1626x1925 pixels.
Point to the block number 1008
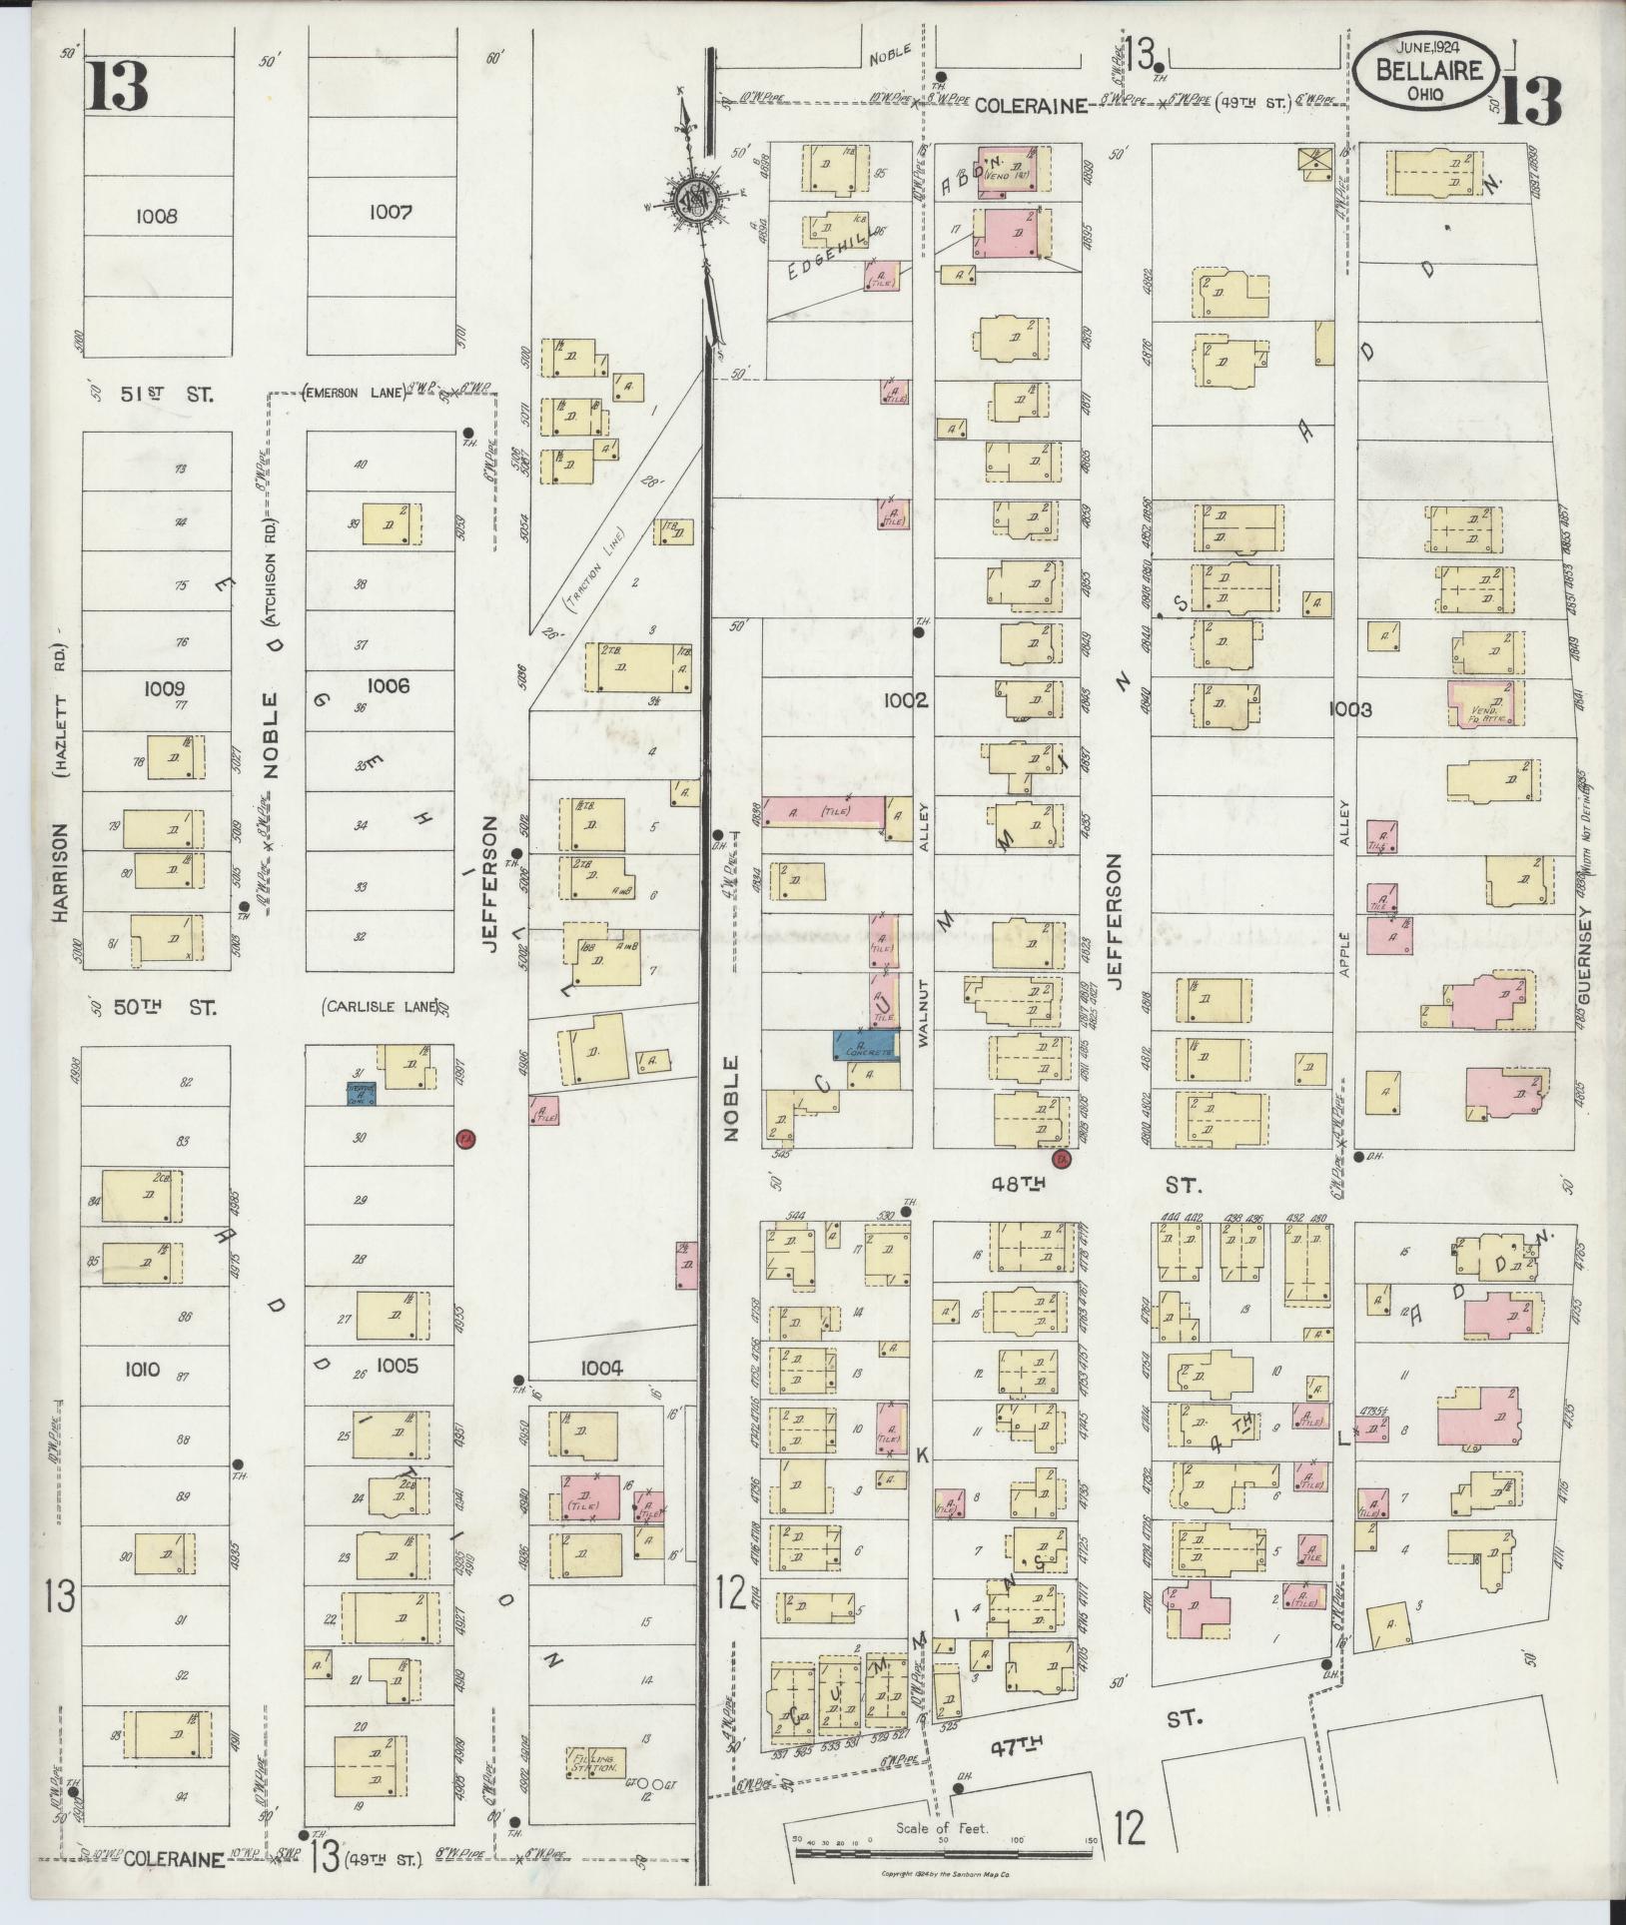coord(158,215)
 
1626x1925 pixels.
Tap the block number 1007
coord(390,212)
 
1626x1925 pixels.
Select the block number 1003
coord(1349,709)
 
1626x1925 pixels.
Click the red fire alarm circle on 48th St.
coord(1062,1159)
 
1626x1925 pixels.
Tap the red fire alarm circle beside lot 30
coord(464,1139)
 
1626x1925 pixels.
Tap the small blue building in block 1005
coord(360,1092)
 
